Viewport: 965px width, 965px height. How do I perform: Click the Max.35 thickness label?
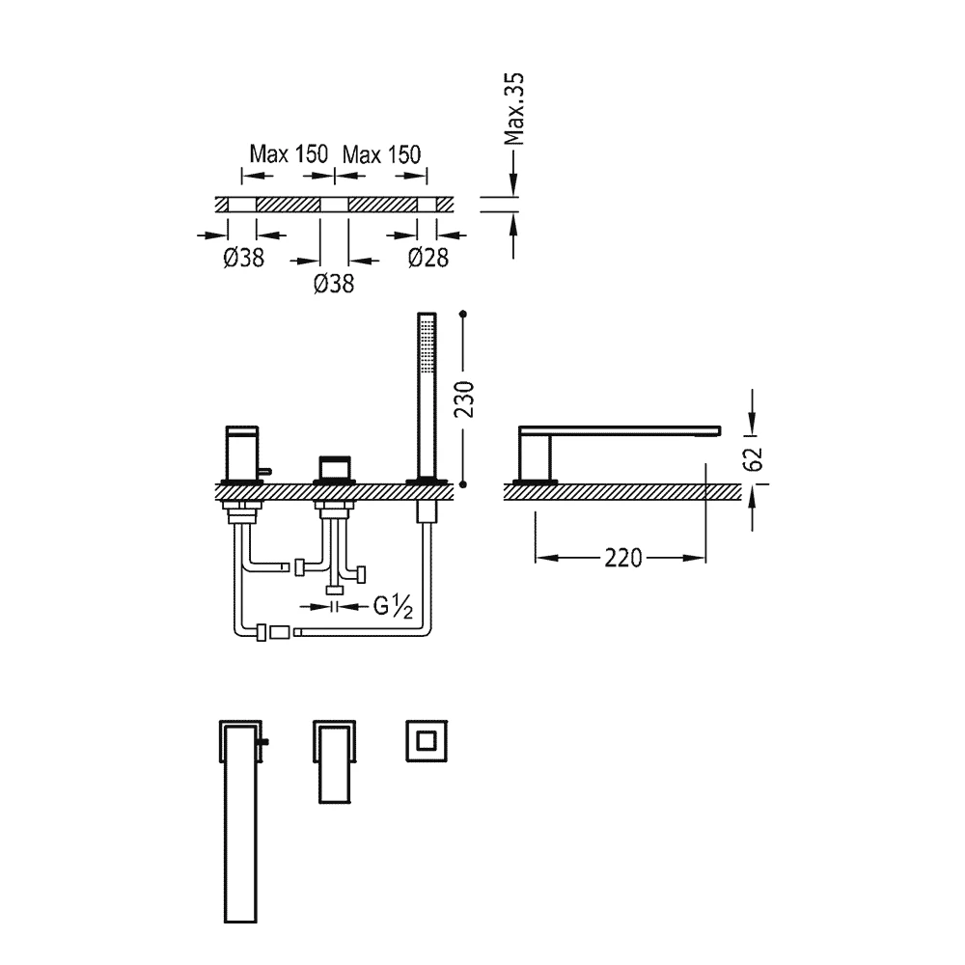point(514,109)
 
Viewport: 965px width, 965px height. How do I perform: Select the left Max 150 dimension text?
point(289,153)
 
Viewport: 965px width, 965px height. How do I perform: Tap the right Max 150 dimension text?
point(381,153)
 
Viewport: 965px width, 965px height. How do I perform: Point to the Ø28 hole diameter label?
point(428,258)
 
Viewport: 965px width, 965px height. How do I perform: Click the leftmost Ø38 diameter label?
point(244,258)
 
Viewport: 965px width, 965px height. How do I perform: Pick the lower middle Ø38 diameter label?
point(334,284)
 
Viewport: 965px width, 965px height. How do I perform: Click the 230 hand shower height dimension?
point(465,400)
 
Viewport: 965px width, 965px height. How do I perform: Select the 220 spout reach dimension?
point(622,558)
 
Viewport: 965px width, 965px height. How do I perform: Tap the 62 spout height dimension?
point(754,458)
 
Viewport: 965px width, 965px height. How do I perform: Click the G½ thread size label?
point(393,607)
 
